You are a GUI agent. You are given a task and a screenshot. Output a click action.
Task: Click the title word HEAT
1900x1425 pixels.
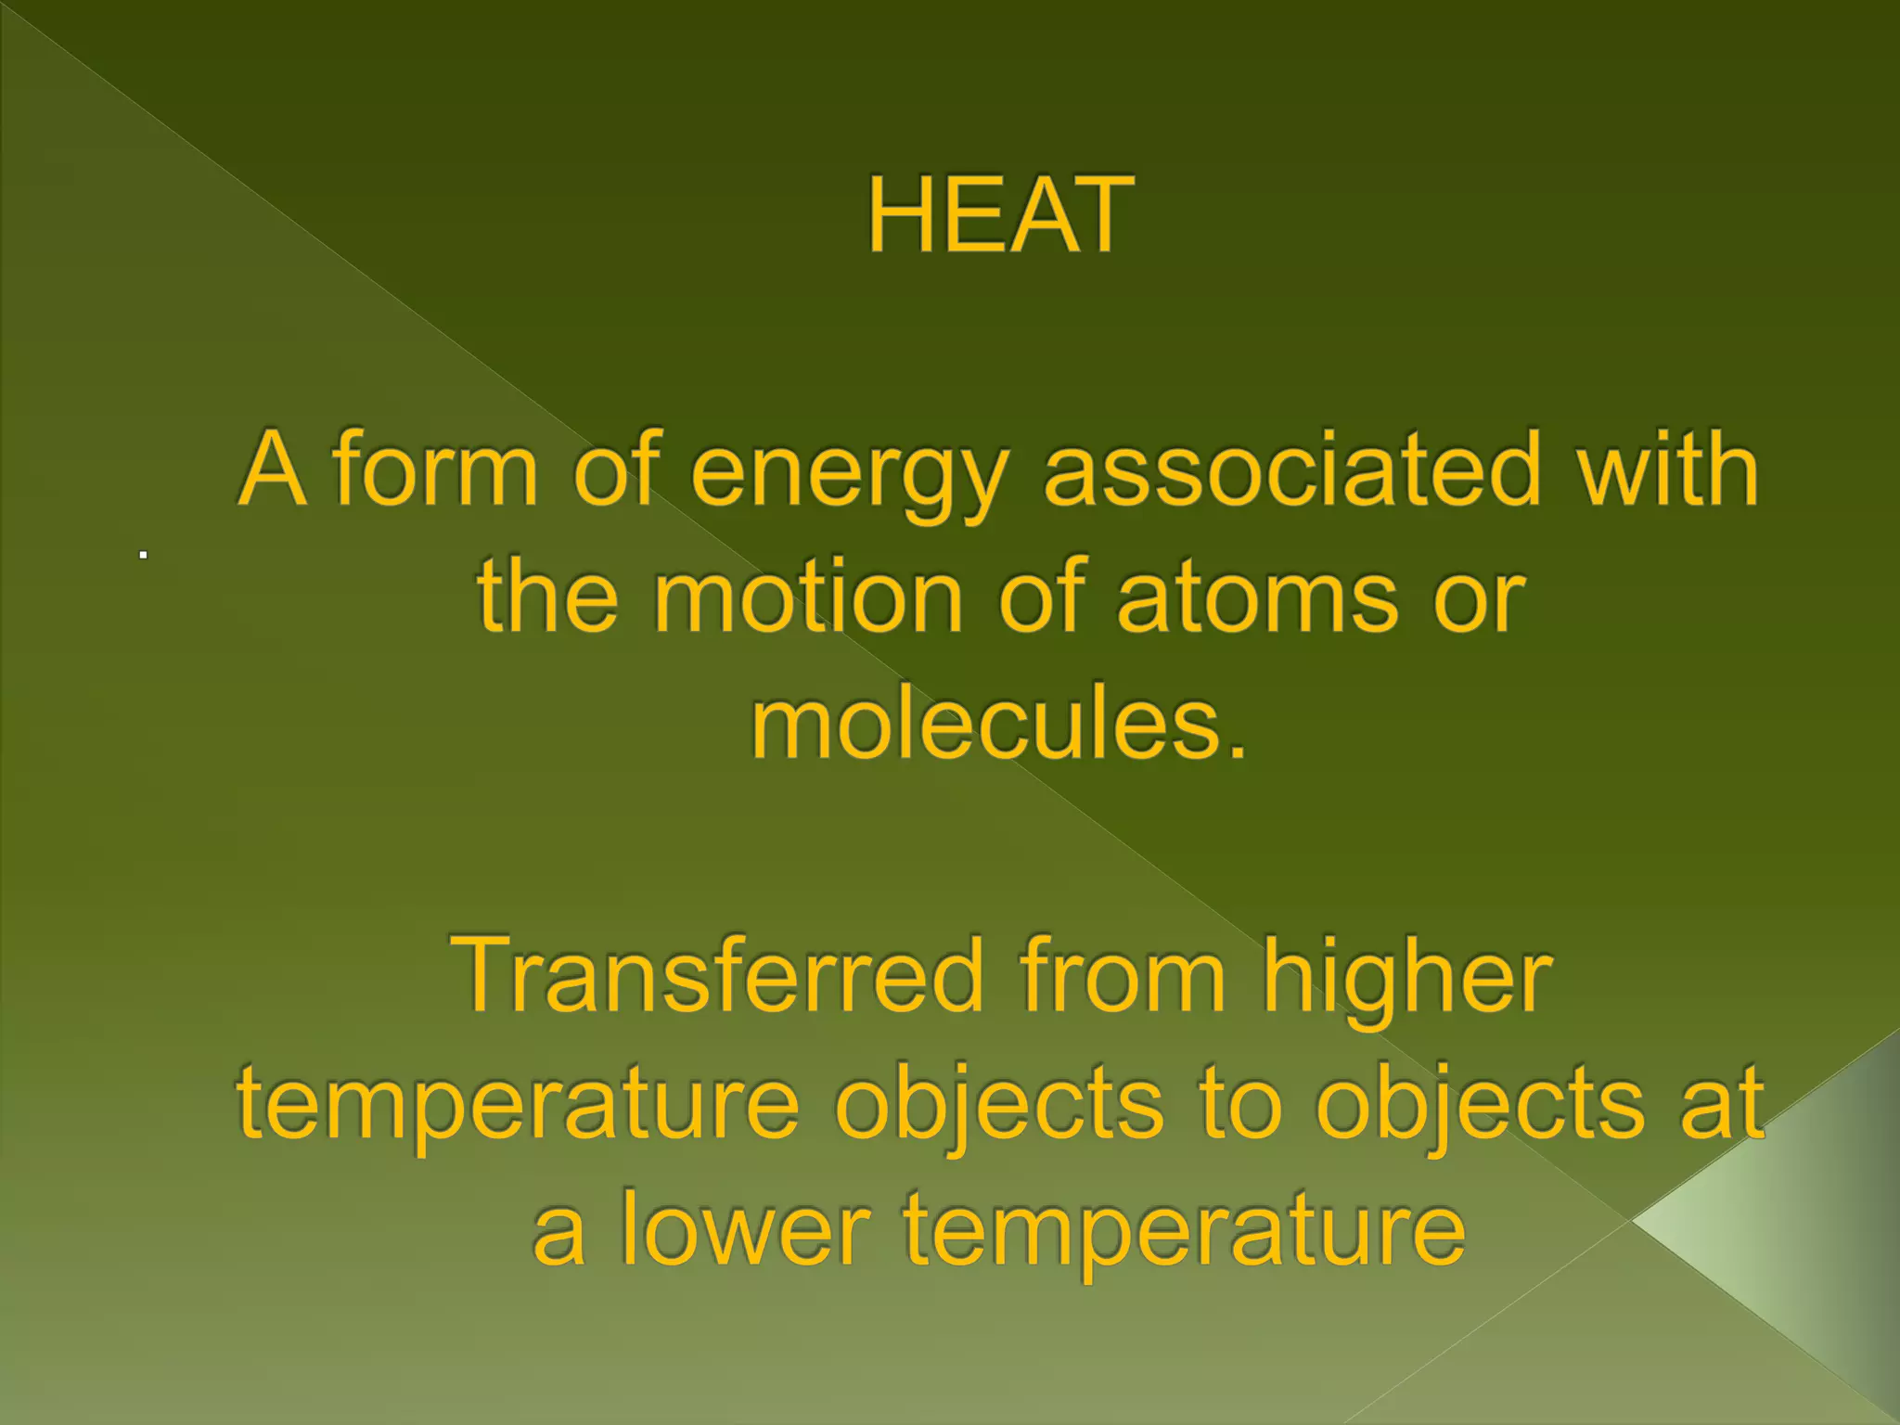point(1000,215)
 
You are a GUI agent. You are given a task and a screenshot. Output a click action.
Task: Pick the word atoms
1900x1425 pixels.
point(1257,598)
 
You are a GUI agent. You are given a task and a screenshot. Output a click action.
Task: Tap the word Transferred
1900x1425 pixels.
point(715,975)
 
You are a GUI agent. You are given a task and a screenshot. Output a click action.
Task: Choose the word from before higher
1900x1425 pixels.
point(1122,975)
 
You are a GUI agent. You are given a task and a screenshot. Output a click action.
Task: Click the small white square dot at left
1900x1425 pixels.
point(144,555)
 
